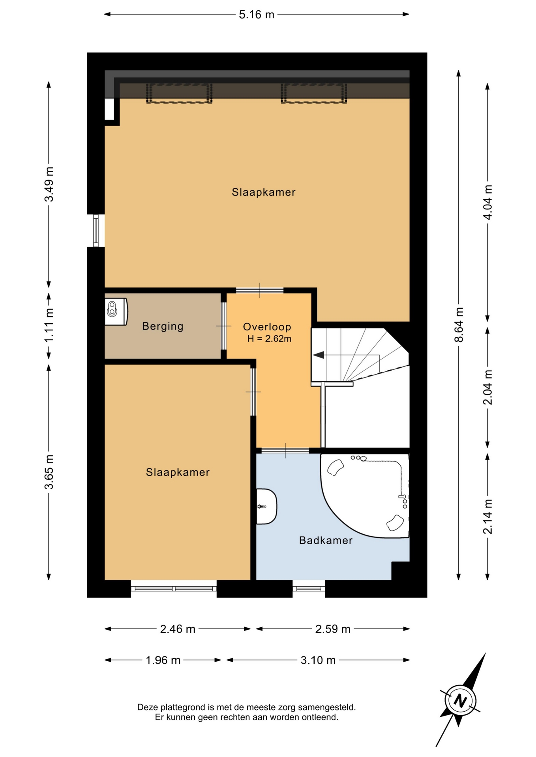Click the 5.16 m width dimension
tap(257, 15)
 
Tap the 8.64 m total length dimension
tap(459, 324)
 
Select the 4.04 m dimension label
tap(488, 202)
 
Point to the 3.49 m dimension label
tap(49, 184)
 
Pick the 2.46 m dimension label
tap(178, 629)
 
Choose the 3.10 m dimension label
tap(318, 660)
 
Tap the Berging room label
tap(163, 326)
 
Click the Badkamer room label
tap(326, 540)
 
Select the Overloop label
tap(267, 326)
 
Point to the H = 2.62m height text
tap(269, 338)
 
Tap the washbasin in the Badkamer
tap(266, 506)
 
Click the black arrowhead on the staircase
tap(319, 355)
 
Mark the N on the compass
tap(460, 701)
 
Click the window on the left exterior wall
tap(96, 231)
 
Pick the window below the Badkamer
tap(309, 589)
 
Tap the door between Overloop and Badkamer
tap(285, 450)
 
